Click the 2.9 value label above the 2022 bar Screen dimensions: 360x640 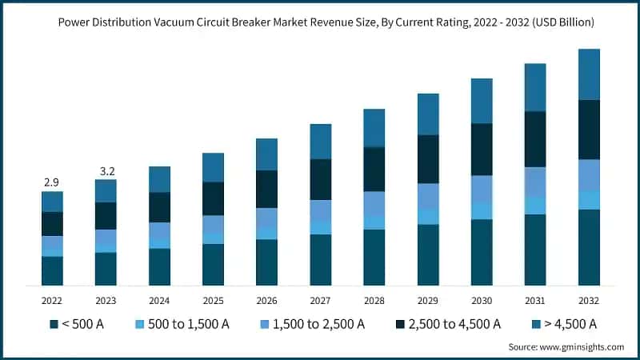click(x=52, y=184)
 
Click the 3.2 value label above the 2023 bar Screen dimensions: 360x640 click(x=106, y=171)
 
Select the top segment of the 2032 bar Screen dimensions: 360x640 click(x=589, y=74)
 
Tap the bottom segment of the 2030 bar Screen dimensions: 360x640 click(x=482, y=252)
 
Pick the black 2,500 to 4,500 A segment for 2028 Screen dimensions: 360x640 click(x=374, y=169)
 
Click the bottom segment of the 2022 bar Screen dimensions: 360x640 click(x=52, y=270)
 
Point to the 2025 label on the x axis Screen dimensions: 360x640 click(x=213, y=300)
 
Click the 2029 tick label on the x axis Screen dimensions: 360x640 click(x=428, y=300)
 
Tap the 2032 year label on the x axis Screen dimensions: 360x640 click(x=589, y=300)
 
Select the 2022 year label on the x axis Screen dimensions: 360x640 click(x=52, y=300)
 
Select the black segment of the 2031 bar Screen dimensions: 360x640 click(x=535, y=139)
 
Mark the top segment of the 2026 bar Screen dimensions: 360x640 click(x=266, y=154)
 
